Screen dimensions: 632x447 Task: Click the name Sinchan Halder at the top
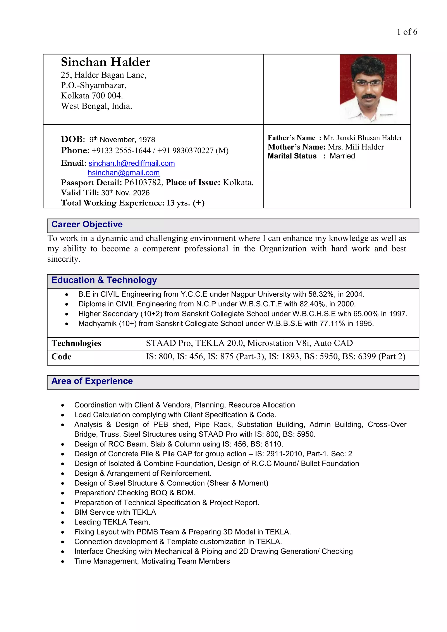pos(105,62)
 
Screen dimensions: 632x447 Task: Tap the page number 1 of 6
pos(407,32)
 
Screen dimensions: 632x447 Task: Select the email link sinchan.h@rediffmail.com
pos(132,163)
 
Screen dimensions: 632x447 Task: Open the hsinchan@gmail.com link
pos(124,173)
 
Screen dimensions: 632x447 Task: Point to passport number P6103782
pos(142,182)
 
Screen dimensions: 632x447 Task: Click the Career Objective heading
pos(87,224)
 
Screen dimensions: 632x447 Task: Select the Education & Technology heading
pos(104,280)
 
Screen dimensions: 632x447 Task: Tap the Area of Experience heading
pos(92,381)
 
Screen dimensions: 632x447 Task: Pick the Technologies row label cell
pos(77,343)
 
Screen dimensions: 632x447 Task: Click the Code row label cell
pos(61,357)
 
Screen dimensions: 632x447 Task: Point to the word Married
pos(342,156)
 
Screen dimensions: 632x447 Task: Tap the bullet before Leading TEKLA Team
pos(63,522)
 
